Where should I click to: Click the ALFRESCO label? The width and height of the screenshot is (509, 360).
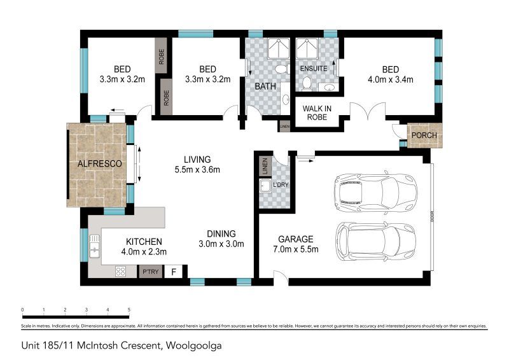click(x=99, y=164)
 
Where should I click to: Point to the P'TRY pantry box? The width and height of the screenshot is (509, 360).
click(x=150, y=272)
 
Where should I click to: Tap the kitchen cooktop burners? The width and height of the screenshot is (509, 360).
click(x=120, y=272)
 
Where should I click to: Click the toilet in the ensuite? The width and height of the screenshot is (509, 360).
click(x=307, y=83)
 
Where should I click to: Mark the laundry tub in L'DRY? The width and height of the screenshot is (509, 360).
click(x=266, y=186)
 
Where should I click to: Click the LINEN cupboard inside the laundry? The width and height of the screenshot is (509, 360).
click(x=265, y=166)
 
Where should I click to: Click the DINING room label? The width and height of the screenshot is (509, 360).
click(x=221, y=233)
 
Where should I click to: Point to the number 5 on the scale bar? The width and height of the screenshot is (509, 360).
click(x=129, y=310)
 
